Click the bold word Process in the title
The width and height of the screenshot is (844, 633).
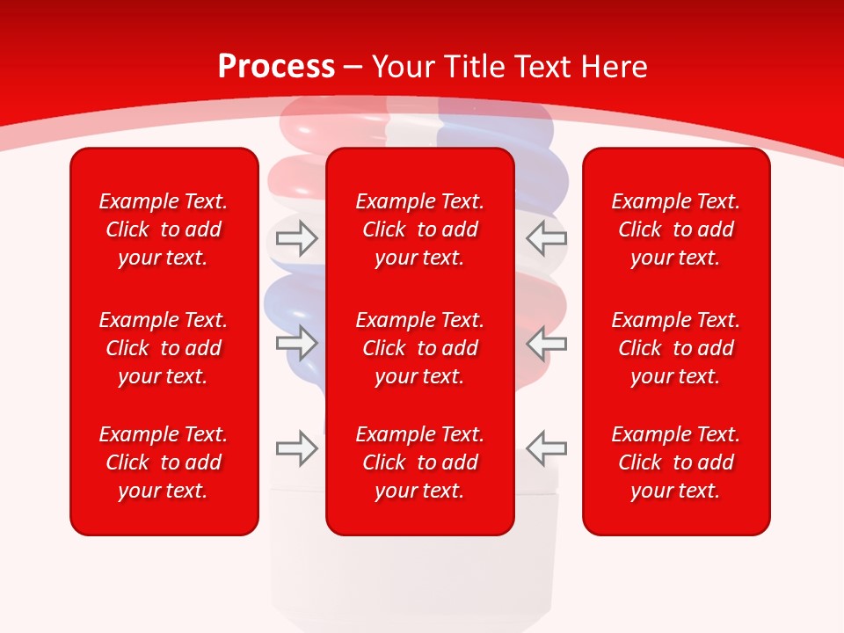coord(276,67)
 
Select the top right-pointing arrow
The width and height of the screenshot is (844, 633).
coord(296,237)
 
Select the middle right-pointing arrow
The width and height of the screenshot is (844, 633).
coord(296,342)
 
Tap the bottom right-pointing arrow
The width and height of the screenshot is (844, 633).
coord(296,447)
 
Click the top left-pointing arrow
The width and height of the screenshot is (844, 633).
coord(546,237)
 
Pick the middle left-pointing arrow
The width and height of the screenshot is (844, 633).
coord(546,342)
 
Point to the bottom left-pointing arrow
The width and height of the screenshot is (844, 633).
coord(546,447)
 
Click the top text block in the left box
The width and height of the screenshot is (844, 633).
coord(164,229)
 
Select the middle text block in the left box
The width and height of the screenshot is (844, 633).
coord(164,348)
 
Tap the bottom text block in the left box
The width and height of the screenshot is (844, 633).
coord(164,462)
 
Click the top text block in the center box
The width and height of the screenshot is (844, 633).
coord(419,229)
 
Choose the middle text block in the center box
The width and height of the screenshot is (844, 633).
coord(419,348)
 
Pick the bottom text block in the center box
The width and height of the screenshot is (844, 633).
coord(419,462)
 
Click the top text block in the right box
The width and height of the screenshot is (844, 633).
coord(675,229)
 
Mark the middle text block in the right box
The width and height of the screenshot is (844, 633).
coord(675,348)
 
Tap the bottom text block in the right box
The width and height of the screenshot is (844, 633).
coord(675,462)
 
